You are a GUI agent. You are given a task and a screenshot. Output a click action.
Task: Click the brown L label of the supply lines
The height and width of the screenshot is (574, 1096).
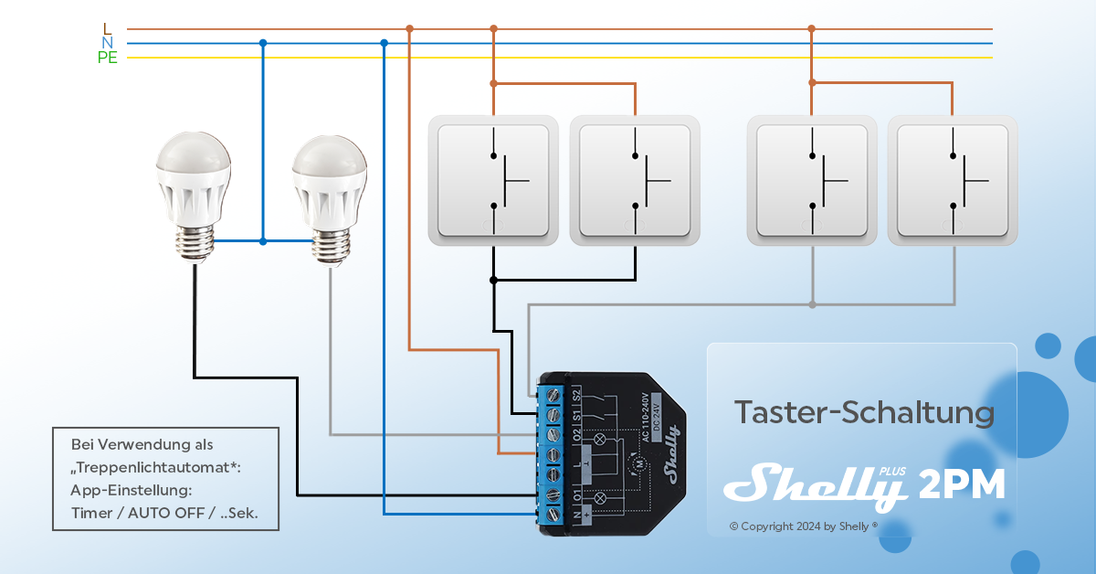point(108,29)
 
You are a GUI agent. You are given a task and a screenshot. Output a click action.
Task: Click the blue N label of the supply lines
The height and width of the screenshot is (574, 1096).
point(108,43)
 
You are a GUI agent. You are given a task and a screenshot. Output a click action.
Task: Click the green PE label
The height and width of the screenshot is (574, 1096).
point(108,58)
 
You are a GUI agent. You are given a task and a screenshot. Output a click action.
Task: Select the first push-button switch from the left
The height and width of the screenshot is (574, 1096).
point(493,180)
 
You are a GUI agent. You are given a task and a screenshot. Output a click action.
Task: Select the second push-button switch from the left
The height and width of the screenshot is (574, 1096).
point(635,180)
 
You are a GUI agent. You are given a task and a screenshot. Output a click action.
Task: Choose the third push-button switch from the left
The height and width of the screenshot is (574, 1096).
point(812,180)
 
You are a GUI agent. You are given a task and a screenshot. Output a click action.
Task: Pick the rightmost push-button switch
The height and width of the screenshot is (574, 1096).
point(953,180)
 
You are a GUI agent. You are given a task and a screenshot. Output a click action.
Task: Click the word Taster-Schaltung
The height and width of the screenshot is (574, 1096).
point(864,412)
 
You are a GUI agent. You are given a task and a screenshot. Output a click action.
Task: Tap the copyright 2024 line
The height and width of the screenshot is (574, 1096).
point(804,526)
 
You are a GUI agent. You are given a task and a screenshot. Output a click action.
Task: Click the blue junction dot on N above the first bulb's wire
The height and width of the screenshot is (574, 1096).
point(263,43)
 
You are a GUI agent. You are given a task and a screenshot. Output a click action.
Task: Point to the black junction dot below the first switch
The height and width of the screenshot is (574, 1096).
point(493,280)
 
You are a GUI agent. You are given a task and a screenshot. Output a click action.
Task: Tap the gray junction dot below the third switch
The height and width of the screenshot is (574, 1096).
point(812,304)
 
